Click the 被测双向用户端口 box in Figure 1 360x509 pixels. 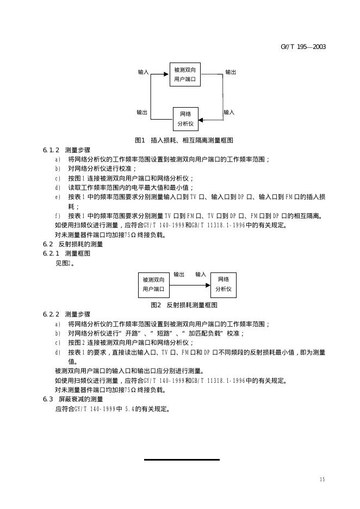(185, 75)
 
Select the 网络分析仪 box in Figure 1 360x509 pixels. (185, 119)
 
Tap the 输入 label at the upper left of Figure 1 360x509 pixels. (143, 72)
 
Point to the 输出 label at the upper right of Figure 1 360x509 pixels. (231, 72)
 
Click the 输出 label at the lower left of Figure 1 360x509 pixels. (142, 112)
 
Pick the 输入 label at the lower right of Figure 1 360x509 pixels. (229, 112)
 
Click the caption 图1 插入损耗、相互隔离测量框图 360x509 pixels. (184, 140)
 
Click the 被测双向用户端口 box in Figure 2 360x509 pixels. (153, 284)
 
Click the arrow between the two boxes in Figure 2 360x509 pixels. (189, 284)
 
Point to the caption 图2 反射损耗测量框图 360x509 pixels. (184, 305)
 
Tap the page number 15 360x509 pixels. (322, 479)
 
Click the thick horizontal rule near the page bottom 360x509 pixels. (182, 460)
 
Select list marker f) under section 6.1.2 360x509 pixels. (58, 215)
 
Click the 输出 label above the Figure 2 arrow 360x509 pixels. (179, 274)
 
